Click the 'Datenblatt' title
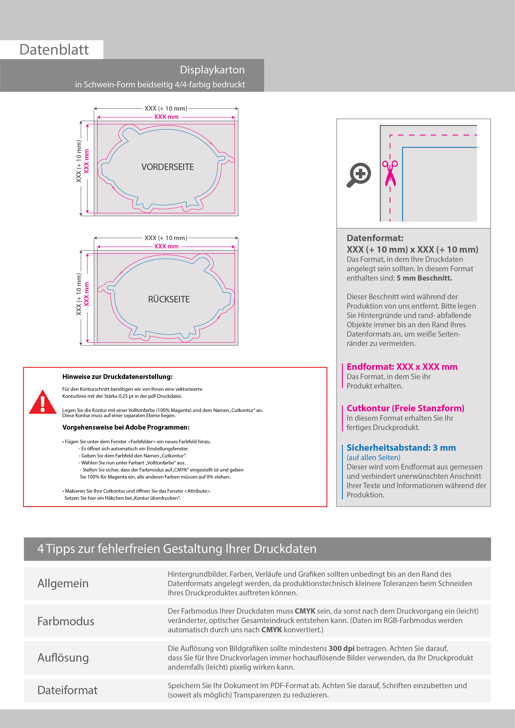tap(54, 50)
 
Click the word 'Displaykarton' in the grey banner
tap(212, 70)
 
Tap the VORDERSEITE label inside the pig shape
tap(167, 167)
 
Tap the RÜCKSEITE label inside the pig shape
tap(169, 299)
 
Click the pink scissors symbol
tap(390, 173)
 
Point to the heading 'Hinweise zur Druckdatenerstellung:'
tap(117, 377)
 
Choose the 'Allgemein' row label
tap(63, 583)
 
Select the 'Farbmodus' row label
tap(66, 621)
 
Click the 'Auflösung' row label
tap(63, 658)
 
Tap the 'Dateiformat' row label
tap(67, 690)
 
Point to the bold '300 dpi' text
tap(342, 649)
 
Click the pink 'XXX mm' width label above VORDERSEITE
tap(166, 117)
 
